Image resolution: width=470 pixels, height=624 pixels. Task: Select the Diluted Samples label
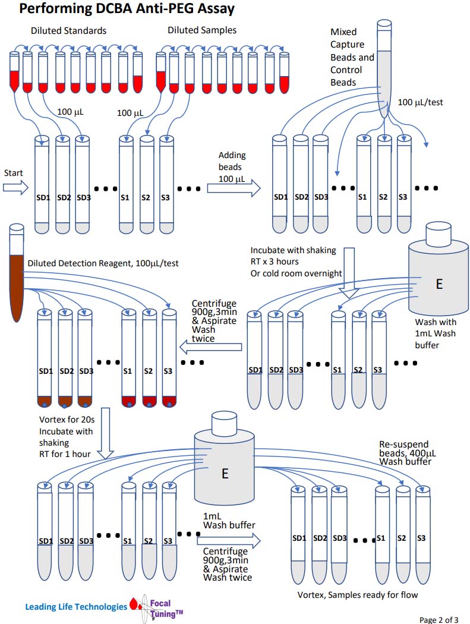coord(202,30)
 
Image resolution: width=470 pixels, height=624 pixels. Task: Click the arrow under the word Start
coord(15,188)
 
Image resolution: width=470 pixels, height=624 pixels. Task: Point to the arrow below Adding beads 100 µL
coord(234,188)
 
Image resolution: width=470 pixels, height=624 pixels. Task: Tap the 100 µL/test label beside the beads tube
coord(420,103)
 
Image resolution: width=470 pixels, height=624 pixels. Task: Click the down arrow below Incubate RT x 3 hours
coord(348,267)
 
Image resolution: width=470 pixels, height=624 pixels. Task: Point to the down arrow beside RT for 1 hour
coord(106,433)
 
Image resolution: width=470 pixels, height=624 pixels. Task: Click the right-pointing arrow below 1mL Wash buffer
coord(228,540)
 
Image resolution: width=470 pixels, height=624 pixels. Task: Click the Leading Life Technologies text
coord(75,607)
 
